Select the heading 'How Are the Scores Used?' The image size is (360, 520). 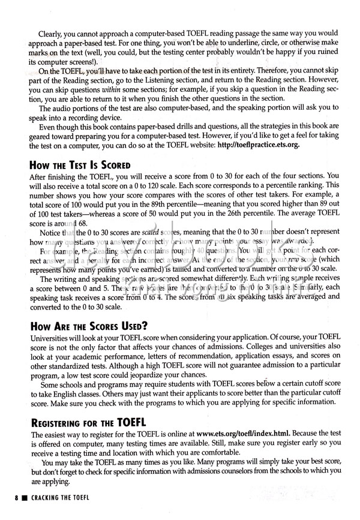point(88,326)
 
